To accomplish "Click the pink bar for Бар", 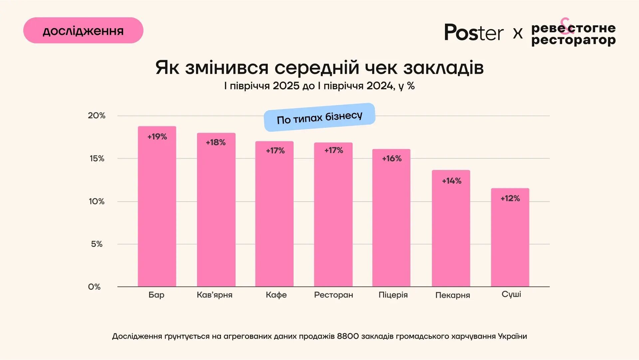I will (x=157, y=206).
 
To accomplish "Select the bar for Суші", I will (x=510, y=238).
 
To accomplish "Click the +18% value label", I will (x=216, y=142).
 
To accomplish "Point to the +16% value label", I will (x=392, y=158).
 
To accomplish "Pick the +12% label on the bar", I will (x=510, y=198).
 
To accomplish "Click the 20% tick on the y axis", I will (x=97, y=115).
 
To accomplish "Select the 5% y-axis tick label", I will (x=97, y=244).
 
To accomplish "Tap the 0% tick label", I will (x=94, y=287).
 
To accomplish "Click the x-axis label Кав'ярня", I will (x=215, y=295).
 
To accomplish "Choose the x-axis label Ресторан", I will (x=333, y=295).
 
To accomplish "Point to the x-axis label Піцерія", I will (x=393, y=295).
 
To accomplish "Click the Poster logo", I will (x=474, y=33).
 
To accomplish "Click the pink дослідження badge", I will (x=83, y=31).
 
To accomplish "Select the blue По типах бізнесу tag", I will (x=319, y=117).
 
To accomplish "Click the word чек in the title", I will (x=381, y=68).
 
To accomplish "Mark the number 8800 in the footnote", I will (x=348, y=336).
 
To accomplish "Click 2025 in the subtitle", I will (x=286, y=86).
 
